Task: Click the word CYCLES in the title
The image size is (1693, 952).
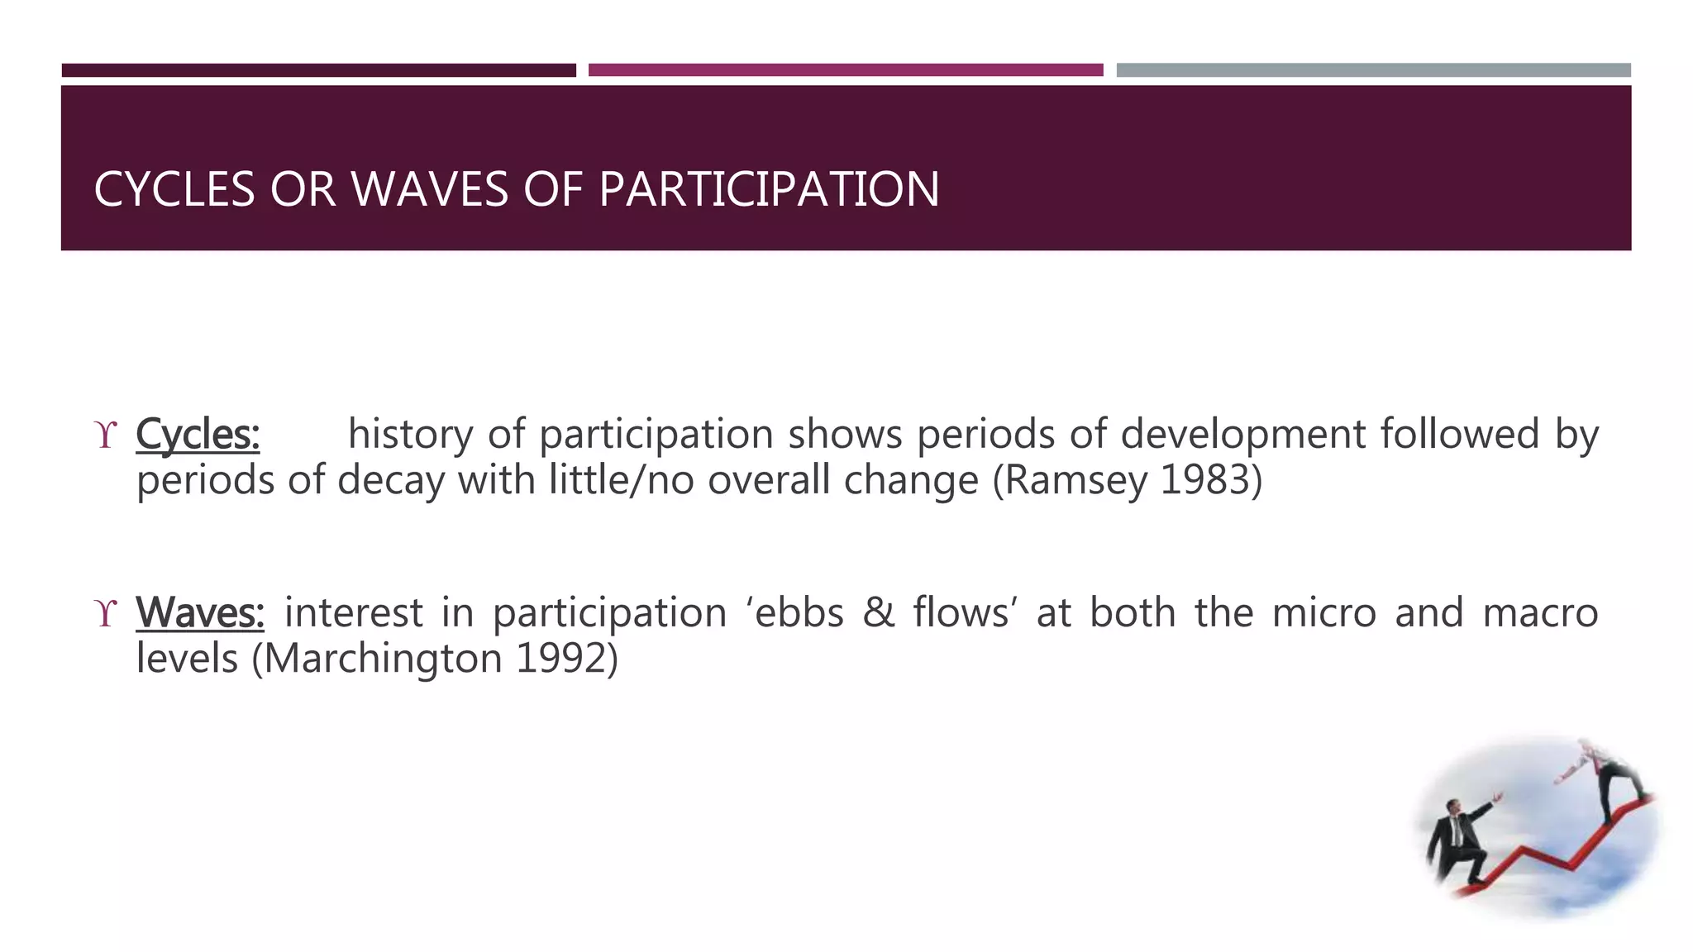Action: click(174, 189)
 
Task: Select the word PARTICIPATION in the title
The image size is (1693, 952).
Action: click(769, 189)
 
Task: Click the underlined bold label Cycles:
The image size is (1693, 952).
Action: click(198, 435)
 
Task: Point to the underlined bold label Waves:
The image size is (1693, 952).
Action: click(200, 613)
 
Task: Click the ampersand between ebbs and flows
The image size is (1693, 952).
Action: click(878, 613)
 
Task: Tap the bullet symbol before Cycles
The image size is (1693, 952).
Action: click(106, 436)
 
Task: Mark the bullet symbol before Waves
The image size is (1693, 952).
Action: click(106, 614)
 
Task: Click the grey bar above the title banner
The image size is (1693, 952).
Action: click(1373, 70)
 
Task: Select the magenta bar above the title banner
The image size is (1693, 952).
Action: click(846, 70)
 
